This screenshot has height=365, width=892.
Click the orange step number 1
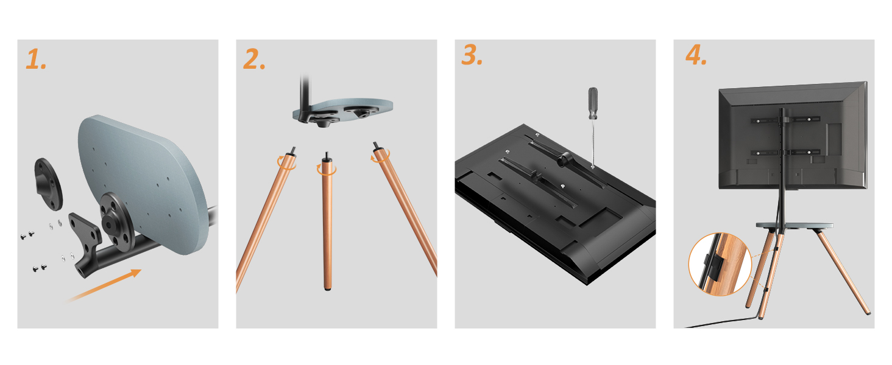coord(36,60)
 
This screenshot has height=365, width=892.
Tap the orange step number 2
coord(254,59)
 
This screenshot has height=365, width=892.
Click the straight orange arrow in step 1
coord(104,285)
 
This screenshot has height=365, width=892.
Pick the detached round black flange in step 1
coord(49,184)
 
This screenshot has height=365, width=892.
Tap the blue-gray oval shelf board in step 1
coord(143,183)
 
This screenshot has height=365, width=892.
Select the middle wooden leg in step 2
coord(327,223)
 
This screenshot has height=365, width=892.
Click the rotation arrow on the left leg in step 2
coord(287,163)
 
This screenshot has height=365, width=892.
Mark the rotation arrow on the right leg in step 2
coord(380,156)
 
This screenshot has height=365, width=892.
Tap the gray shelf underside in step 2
coord(342,110)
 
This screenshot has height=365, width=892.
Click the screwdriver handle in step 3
coord(593,103)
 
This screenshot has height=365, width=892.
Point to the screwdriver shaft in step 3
coord(593,143)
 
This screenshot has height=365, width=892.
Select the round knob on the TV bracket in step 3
coord(565,159)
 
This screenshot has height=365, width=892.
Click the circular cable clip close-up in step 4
coord(720,264)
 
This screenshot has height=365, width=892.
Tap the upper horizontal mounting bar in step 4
coord(785,120)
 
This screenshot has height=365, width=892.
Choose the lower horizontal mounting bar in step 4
coord(785,152)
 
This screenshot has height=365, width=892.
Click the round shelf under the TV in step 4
coord(795,226)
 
